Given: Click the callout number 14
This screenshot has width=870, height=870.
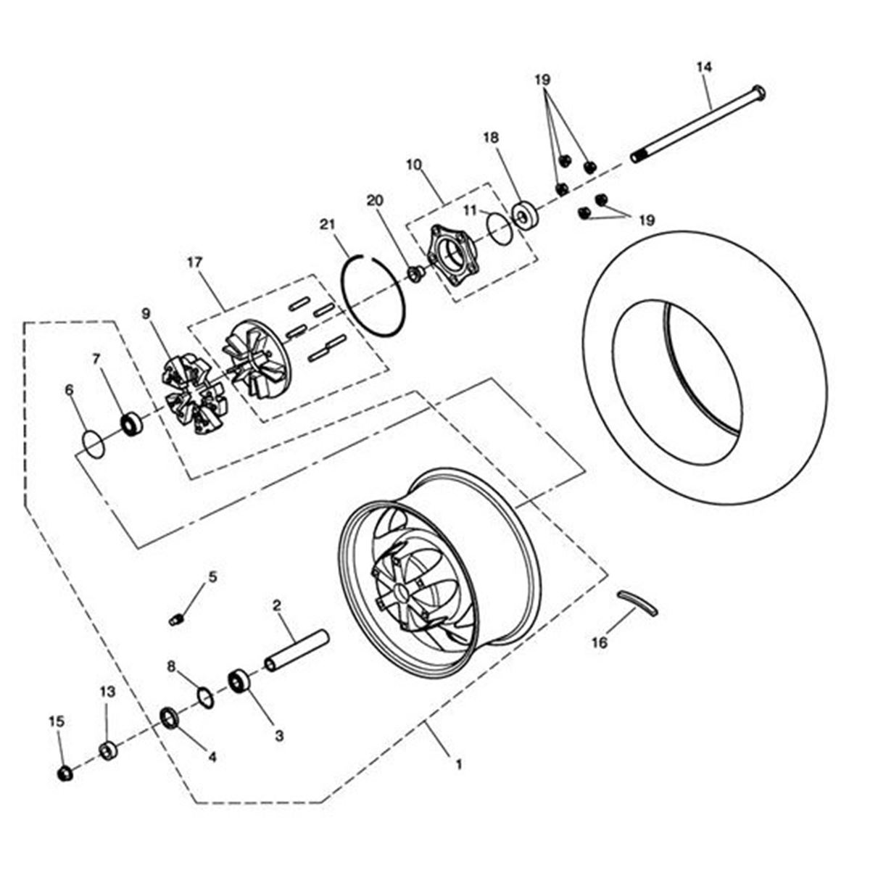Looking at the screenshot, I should pyautogui.click(x=704, y=67).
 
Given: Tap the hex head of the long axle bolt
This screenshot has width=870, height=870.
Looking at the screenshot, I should pyautogui.click(x=758, y=92).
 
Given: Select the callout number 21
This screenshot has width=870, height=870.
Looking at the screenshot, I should pyautogui.click(x=328, y=225).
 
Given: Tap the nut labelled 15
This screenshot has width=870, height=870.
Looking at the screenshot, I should pyautogui.click(x=65, y=774).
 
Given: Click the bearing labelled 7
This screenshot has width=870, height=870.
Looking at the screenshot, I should pyautogui.click(x=131, y=423).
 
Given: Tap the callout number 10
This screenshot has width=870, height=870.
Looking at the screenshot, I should pyautogui.click(x=414, y=165).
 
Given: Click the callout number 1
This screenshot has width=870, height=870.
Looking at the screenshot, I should pyautogui.click(x=457, y=763).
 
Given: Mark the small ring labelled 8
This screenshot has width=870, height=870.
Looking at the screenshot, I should pyautogui.click(x=206, y=698).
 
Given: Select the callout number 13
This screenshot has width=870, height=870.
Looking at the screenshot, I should pyautogui.click(x=107, y=692).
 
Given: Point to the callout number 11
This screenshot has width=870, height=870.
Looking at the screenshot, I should pyautogui.click(x=471, y=209).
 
